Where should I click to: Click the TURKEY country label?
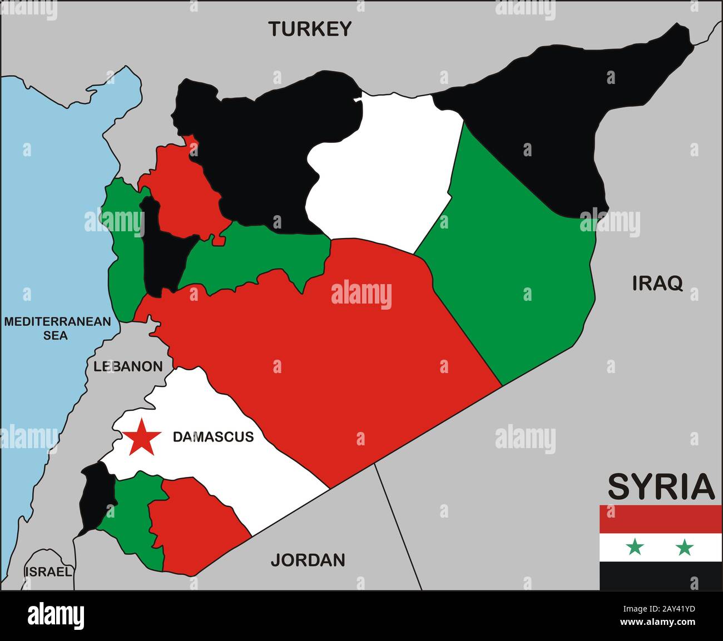click(310, 29)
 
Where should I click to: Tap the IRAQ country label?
click(657, 284)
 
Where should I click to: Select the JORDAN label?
click(308, 560)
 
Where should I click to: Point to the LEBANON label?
click(128, 366)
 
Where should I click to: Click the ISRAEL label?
click(48, 572)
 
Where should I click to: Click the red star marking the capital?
click(142, 437)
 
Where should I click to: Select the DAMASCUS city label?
click(213, 437)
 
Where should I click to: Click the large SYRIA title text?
click(661, 487)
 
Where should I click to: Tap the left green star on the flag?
click(635, 548)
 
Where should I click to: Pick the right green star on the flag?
click(684, 548)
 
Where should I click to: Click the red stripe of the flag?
click(661, 519)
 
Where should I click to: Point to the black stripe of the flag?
click(661, 576)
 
